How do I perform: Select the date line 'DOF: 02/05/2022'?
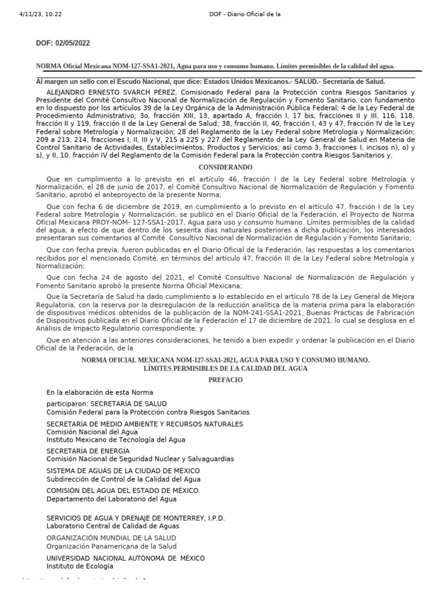[x=64, y=43]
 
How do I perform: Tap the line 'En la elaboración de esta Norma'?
[x=100, y=392]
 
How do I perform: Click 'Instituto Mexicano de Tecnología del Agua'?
[x=108, y=439]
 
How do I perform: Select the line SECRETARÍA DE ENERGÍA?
[x=88, y=451]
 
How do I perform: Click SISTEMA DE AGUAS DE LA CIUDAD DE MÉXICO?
[x=123, y=471]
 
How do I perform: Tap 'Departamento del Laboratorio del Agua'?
[x=111, y=499]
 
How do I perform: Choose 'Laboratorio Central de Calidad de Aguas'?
[x=113, y=526]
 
